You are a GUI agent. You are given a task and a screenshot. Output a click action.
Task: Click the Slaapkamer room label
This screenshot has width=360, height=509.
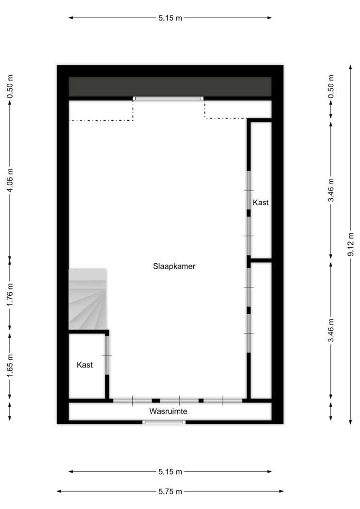[174, 267]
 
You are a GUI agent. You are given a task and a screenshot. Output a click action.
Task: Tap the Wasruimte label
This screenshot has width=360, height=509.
[168, 411]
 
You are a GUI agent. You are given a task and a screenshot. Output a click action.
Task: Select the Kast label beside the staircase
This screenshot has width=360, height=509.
[85, 365]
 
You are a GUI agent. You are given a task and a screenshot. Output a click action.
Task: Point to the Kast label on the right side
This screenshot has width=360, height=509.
[261, 203]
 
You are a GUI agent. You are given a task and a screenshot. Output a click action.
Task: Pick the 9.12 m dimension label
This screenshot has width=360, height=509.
[351, 244]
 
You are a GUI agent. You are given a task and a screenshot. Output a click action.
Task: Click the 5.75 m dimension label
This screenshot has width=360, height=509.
[170, 492]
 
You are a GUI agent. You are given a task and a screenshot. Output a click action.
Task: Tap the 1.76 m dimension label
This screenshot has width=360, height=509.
[10, 294]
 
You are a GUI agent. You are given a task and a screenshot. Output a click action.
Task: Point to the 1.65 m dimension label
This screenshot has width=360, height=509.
[10, 366]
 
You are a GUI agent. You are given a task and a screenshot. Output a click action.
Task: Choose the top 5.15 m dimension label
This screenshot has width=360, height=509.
[170, 18]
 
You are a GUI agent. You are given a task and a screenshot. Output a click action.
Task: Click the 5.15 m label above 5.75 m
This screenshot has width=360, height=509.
[170, 472]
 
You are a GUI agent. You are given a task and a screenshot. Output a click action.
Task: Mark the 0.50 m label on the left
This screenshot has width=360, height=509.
[10, 86]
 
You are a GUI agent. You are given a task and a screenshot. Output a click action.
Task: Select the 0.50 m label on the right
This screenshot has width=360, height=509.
[331, 86]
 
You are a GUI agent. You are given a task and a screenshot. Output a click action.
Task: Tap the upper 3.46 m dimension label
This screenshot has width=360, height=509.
[331, 190]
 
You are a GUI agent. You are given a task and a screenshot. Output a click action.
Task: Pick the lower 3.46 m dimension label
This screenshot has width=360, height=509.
[331, 331]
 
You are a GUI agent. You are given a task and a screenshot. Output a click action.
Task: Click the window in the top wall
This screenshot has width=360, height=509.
[168, 98]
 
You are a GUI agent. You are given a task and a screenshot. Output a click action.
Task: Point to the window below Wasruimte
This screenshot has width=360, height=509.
[164, 422]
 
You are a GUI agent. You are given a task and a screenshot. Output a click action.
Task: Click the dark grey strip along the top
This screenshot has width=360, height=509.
[170, 86]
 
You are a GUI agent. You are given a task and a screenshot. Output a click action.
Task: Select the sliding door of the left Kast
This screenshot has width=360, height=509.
[107, 355]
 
